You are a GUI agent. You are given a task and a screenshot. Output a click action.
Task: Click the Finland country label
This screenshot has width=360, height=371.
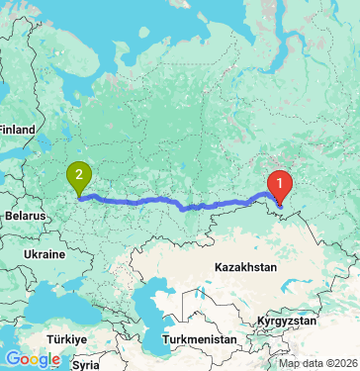[x=16, y=129]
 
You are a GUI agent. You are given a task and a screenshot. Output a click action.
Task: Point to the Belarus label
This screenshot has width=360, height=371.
[x=24, y=215]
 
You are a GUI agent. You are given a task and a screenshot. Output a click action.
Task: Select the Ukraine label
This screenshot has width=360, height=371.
[x=44, y=254]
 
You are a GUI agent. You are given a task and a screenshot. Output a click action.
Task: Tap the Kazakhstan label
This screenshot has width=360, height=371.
[x=242, y=267]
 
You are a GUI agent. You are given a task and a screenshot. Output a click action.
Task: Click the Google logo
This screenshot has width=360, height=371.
[x=33, y=359]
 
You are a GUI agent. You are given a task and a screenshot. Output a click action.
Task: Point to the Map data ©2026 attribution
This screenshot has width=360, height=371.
[x=317, y=363]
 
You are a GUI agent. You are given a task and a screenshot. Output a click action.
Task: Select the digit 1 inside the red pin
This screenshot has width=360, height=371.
[x=281, y=181]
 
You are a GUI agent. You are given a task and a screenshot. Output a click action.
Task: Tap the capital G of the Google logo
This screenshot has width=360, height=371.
[x=13, y=359]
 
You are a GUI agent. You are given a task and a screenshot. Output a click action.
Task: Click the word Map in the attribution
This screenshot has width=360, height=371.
[x=289, y=363]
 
